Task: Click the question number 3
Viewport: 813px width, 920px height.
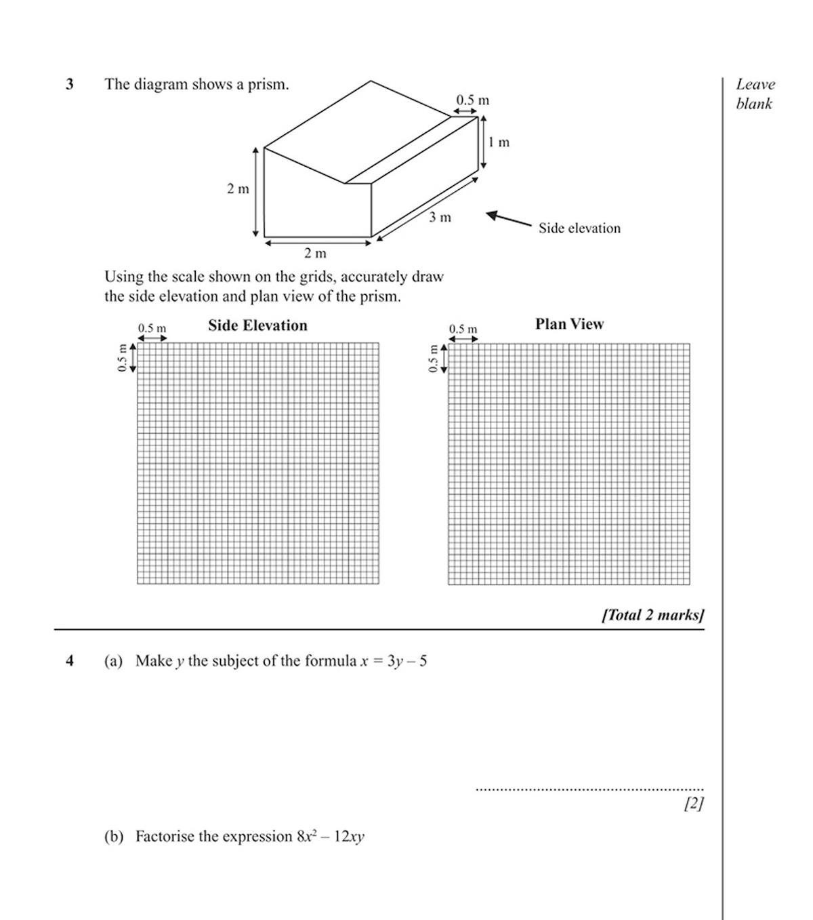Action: click(69, 85)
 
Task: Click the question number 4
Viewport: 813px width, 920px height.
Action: click(69, 661)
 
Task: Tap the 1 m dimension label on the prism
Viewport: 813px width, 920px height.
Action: click(499, 142)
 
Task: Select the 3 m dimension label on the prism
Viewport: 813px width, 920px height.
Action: click(440, 218)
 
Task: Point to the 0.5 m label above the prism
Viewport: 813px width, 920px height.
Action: click(472, 100)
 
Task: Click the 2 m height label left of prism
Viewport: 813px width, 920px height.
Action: click(238, 189)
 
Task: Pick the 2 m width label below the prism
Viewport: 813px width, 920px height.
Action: click(315, 254)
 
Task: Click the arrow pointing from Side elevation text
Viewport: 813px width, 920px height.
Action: click(509, 218)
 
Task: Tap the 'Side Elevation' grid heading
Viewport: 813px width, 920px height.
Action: click(257, 325)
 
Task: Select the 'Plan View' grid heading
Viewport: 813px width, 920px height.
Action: click(569, 324)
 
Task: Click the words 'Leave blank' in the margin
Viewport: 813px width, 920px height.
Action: click(755, 94)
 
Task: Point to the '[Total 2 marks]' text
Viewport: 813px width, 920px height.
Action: click(653, 615)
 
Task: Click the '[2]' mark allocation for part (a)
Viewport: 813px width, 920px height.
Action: click(694, 803)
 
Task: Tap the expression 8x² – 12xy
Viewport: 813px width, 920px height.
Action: click(330, 837)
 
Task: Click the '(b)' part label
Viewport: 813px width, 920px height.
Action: click(114, 837)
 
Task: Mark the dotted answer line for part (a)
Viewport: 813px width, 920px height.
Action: click(589, 789)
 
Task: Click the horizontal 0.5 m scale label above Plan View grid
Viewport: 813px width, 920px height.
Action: click(463, 329)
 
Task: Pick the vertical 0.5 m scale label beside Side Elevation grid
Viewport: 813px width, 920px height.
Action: click(122, 357)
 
